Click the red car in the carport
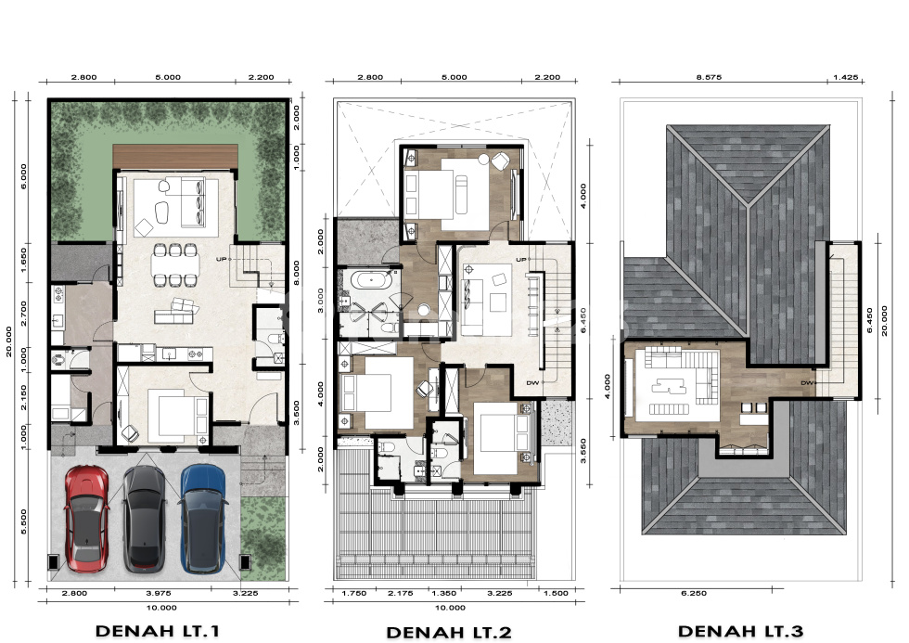point(86,519)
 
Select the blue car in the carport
point(203,519)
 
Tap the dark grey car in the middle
point(145,519)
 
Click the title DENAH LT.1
point(157,631)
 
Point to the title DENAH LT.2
point(449,632)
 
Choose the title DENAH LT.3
point(740,631)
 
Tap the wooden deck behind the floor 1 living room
point(175,157)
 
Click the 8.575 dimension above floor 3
point(709,76)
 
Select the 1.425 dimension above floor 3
point(845,76)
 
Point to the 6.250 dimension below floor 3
point(694,593)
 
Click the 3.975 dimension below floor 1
point(159,593)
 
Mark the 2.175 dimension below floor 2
point(400,593)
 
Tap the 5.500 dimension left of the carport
point(23,521)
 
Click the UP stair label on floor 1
point(221,259)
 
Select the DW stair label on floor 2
point(532,382)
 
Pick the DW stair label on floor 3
point(808,382)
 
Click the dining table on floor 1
point(175,265)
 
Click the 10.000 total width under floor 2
point(450,608)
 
